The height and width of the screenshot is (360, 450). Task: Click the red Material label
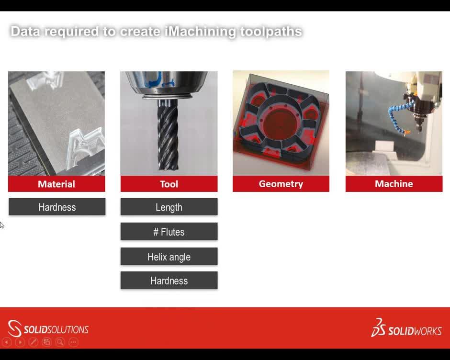pos(56,184)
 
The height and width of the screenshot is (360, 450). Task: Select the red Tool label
pos(169,184)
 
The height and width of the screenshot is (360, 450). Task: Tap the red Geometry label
pos(281,184)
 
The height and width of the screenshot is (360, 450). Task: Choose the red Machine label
pos(394,184)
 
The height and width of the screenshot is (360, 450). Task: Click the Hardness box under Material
pos(57,207)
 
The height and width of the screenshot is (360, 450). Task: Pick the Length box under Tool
pos(169,207)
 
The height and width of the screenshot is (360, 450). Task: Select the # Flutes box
pos(169,232)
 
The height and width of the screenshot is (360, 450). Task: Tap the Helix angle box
pos(169,257)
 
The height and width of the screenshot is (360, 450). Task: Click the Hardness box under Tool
pos(169,281)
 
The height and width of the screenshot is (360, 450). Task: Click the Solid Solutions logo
pos(48,329)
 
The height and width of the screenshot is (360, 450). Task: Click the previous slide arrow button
pos(7,342)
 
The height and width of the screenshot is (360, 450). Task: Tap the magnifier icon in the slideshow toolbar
pos(60,342)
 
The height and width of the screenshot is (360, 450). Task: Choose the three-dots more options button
pos(73,342)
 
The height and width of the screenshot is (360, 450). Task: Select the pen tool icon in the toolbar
pos(33,342)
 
